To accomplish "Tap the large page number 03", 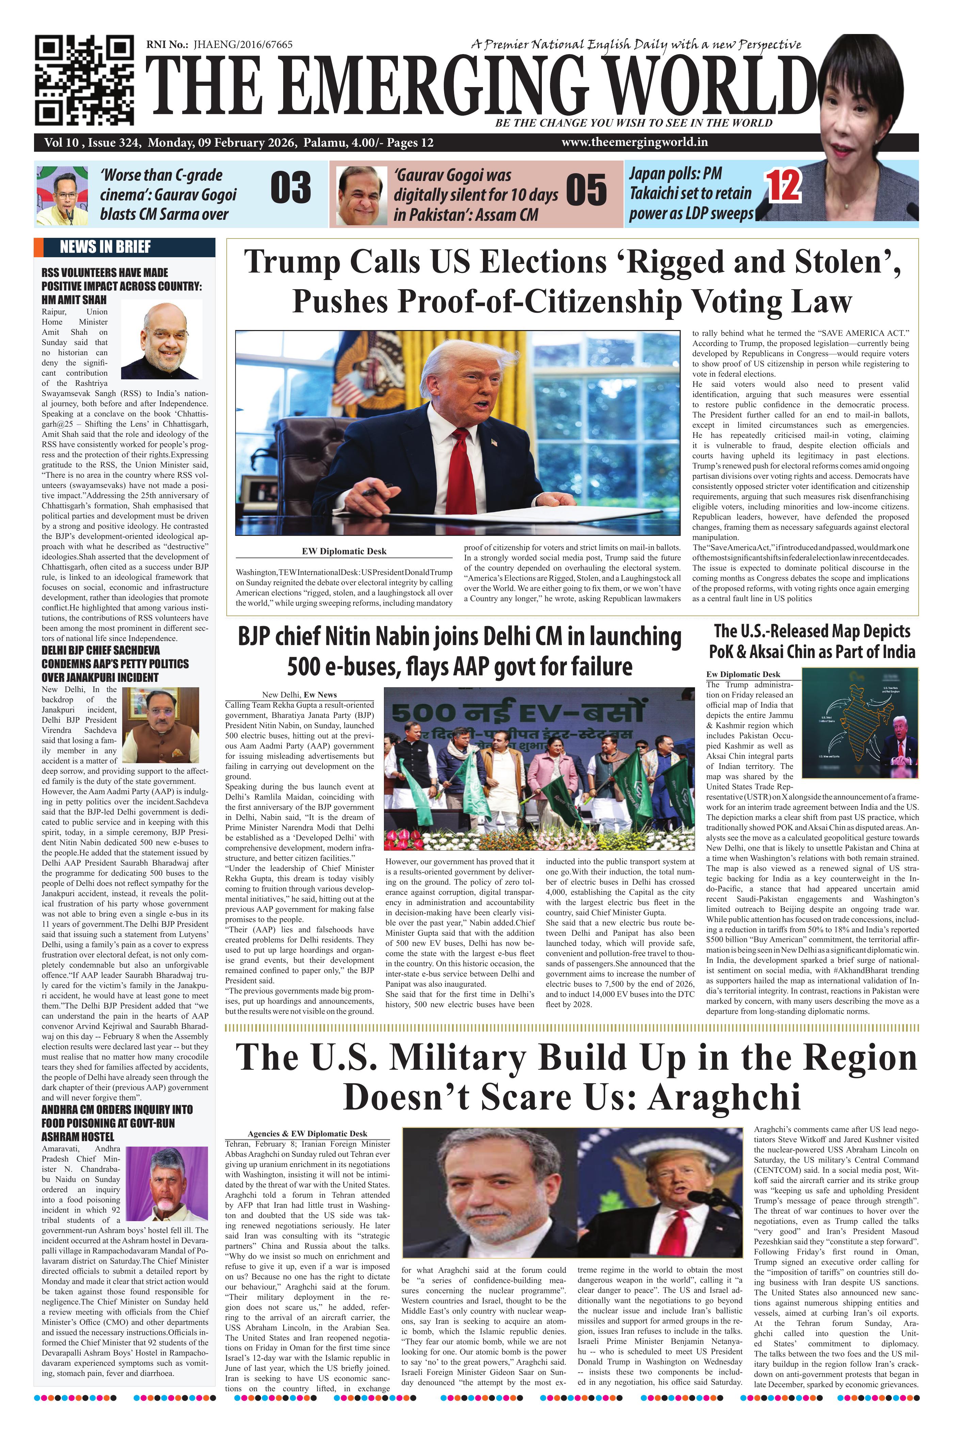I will [x=291, y=188].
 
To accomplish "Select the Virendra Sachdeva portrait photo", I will [x=160, y=725].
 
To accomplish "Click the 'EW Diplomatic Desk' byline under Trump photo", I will [x=344, y=551].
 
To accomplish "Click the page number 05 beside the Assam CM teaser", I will [x=586, y=190].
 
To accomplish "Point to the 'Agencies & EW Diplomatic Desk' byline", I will [x=307, y=1133].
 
